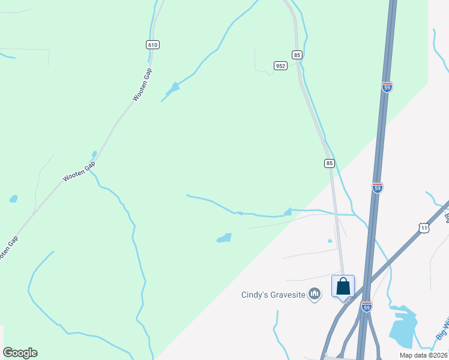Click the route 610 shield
[152, 45]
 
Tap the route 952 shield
[280, 65]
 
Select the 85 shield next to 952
[297, 55]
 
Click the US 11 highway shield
[424, 228]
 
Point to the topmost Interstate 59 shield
[387, 86]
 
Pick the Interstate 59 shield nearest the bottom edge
[367, 307]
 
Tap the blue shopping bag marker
[343, 286]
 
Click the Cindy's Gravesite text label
[273, 295]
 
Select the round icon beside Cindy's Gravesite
[315, 294]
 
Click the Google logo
[20, 353]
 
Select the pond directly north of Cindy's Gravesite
[224, 238]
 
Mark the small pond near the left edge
[13, 199]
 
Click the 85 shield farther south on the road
[329, 163]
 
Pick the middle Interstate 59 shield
[377, 188]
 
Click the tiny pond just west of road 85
[330, 241]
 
